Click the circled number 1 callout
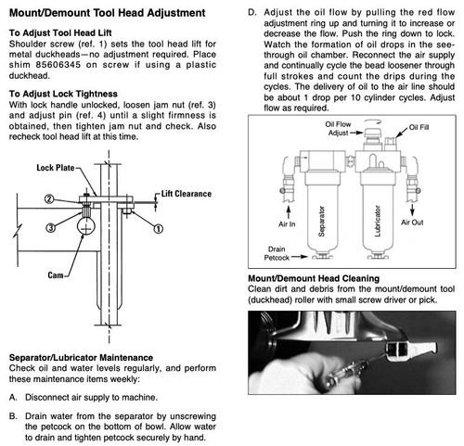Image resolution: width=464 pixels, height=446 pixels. (x=159, y=229)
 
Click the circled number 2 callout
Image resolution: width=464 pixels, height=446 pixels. (x=49, y=199)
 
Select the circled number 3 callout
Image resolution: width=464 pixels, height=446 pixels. (x=51, y=228)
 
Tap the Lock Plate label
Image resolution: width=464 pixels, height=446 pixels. (x=56, y=168)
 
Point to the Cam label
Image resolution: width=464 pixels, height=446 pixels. (x=56, y=275)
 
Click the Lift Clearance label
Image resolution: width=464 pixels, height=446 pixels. (x=187, y=194)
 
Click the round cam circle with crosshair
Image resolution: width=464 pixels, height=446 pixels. (x=85, y=226)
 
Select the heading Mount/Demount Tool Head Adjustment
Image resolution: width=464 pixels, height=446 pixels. (x=108, y=13)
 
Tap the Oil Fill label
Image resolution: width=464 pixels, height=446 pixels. (x=419, y=127)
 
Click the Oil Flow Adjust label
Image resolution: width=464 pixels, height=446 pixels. (x=338, y=128)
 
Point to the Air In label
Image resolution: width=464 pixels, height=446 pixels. (x=287, y=224)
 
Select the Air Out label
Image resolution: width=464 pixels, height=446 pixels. (x=412, y=223)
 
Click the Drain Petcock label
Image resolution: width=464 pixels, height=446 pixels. (x=277, y=253)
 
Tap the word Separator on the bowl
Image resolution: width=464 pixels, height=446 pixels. (x=322, y=222)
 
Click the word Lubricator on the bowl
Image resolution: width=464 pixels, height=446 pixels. (x=377, y=221)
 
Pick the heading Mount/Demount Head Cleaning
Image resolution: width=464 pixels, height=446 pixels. (x=314, y=278)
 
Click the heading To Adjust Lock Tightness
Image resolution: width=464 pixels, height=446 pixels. (x=63, y=94)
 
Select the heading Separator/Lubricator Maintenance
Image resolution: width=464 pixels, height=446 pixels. (x=81, y=358)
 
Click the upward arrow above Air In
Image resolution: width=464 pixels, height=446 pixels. (x=289, y=212)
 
